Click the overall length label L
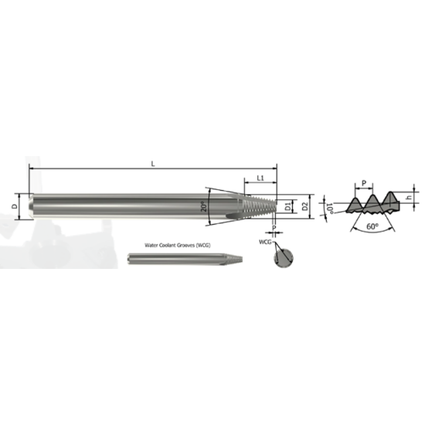coord(155,164)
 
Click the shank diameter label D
coord(16,206)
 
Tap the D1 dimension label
coord(287,207)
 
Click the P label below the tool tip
coord(274,229)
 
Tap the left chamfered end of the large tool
coord(31,206)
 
